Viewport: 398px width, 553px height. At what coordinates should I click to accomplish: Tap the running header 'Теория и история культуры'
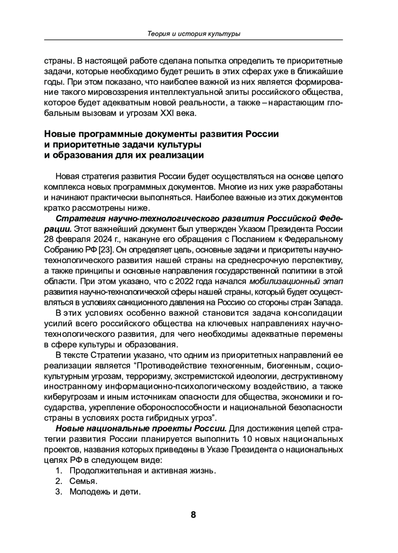click(194, 34)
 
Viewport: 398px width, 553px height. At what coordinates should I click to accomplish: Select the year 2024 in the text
click(91, 239)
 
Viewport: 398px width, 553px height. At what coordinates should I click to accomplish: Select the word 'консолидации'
click(314, 313)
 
